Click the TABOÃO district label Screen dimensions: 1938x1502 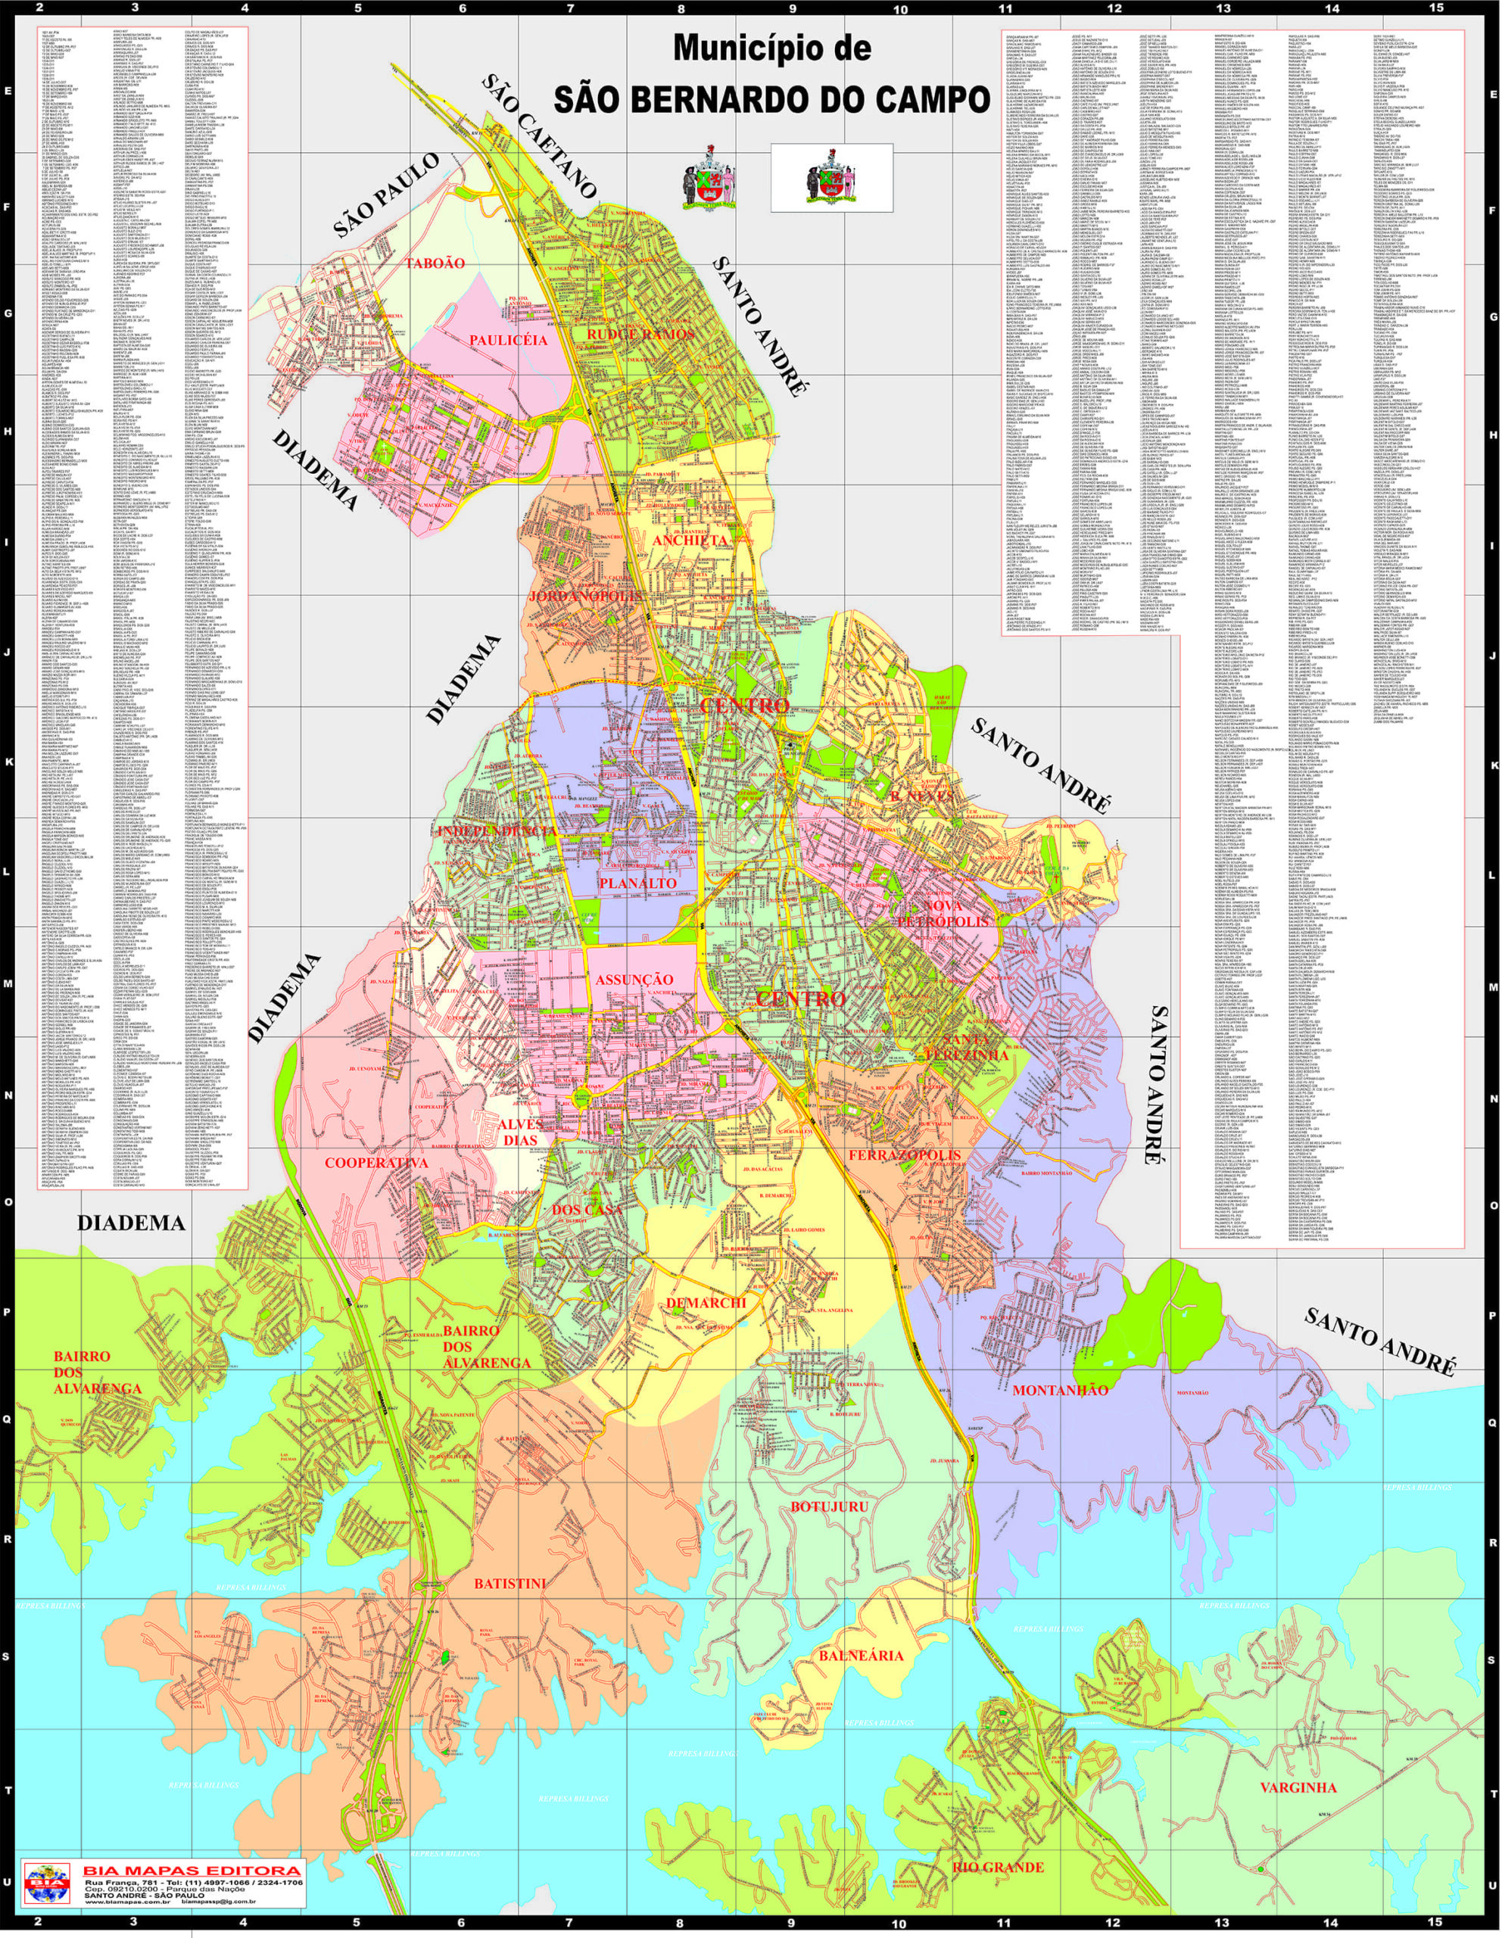coord(435,263)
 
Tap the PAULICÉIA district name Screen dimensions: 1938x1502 coord(508,340)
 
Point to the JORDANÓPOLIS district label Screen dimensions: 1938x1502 coord(584,597)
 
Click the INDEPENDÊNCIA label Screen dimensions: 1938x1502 coord(497,830)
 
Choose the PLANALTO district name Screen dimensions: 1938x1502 coord(637,883)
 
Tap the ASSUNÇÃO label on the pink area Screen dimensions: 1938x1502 coord(634,979)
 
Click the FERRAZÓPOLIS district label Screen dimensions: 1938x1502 coord(905,1154)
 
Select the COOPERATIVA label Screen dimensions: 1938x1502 coord(376,1163)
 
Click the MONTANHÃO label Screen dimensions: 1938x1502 coord(1060,1390)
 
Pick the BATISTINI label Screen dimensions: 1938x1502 coord(509,1583)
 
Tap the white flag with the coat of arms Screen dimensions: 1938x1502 coord(831,176)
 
